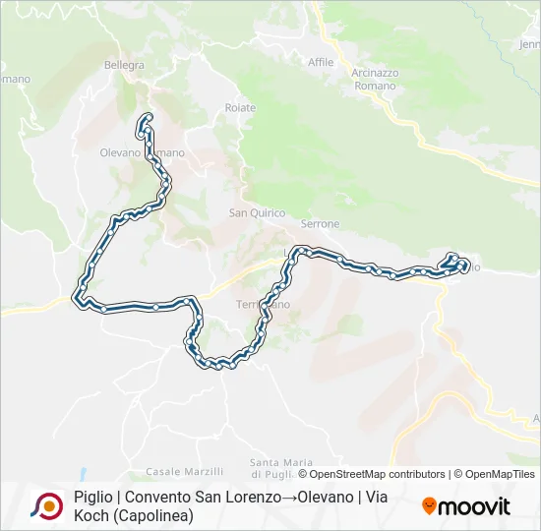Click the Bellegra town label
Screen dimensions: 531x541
(x=124, y=66)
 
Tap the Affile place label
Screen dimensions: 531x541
(x=321, y=62)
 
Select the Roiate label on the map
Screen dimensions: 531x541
(x=240, y=107)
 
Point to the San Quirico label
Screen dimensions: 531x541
(x=257, y=212)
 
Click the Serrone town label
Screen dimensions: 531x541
(x=320, y=224)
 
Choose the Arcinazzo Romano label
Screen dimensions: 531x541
(x=373, y=80)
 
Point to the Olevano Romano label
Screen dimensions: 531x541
(x=142, y=153)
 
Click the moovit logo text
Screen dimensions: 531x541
(x=474, y=507)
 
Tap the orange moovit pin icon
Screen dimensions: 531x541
(x=429, y=507)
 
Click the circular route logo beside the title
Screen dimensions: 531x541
(x=46, y=506)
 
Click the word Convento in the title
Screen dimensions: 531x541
(x=156, y=498)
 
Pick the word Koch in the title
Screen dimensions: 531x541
(x=90, y=515)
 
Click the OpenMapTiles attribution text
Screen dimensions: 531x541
(x=502, y=474)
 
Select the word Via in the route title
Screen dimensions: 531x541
(x=378, y=498)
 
